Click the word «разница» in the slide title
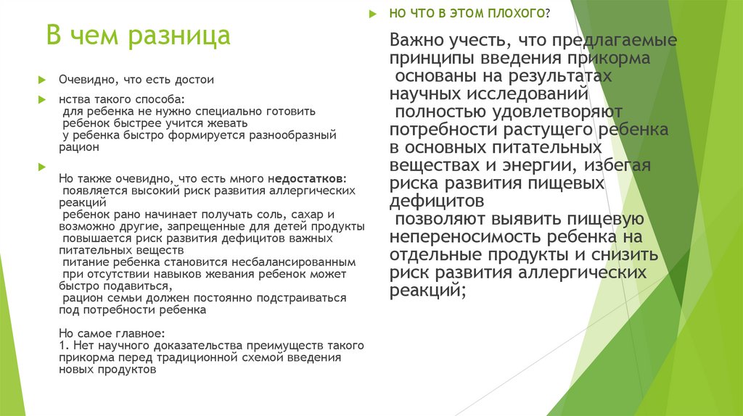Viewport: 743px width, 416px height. [178, 36]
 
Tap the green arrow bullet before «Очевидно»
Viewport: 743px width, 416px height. [43, 80]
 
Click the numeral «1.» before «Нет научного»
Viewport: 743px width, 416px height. [62, 346]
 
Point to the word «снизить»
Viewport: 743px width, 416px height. [631, 255]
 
